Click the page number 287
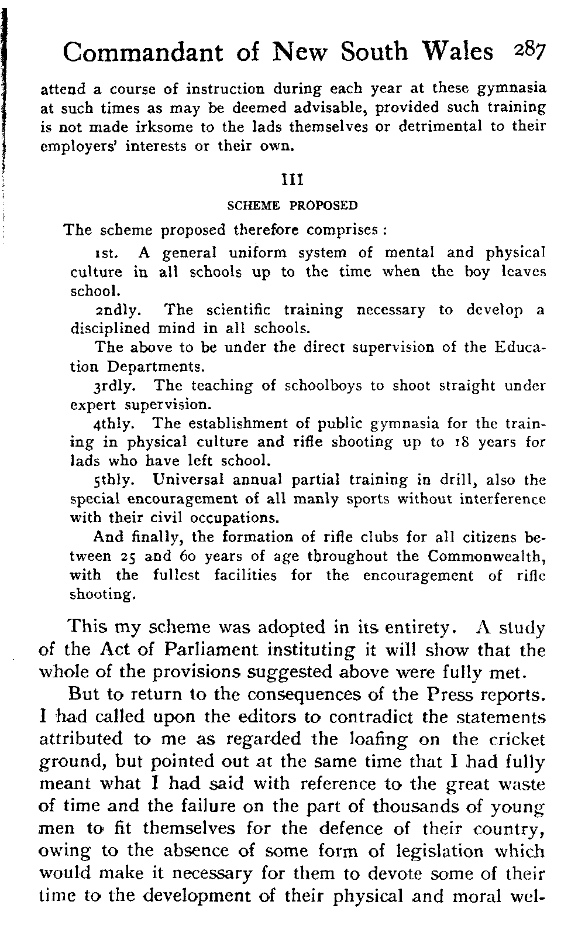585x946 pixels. pyautogui.click(x=529, y=51)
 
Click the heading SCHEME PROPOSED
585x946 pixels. pyautogui.click(x=292, y=206)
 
